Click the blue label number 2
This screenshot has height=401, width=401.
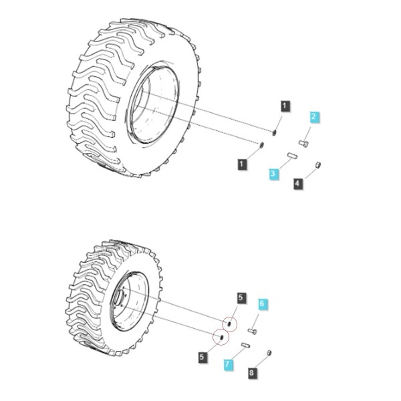coord(314,117)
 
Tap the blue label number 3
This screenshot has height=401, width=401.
coord(273,174)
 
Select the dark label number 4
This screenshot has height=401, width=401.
coord(297,183)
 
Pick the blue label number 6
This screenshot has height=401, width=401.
coord(262,304)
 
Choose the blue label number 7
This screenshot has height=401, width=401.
coord(228,364)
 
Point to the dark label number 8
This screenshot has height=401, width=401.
coord(252,372)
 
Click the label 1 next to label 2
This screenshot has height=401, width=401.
coord(285,106)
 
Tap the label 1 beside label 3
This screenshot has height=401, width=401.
coord(242,164)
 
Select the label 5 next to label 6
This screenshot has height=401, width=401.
coord(241,298)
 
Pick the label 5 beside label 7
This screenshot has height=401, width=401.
coord(203,357)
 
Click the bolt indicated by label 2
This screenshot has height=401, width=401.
coord(303,143)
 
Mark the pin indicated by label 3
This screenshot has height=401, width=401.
coord(292,156)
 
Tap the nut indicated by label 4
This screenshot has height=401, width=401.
coord(317,165)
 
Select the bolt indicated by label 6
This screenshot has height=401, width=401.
coord(253,331)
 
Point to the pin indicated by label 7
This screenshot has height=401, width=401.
coord(246,346)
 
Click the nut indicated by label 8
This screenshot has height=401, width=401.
coord(269,353)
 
